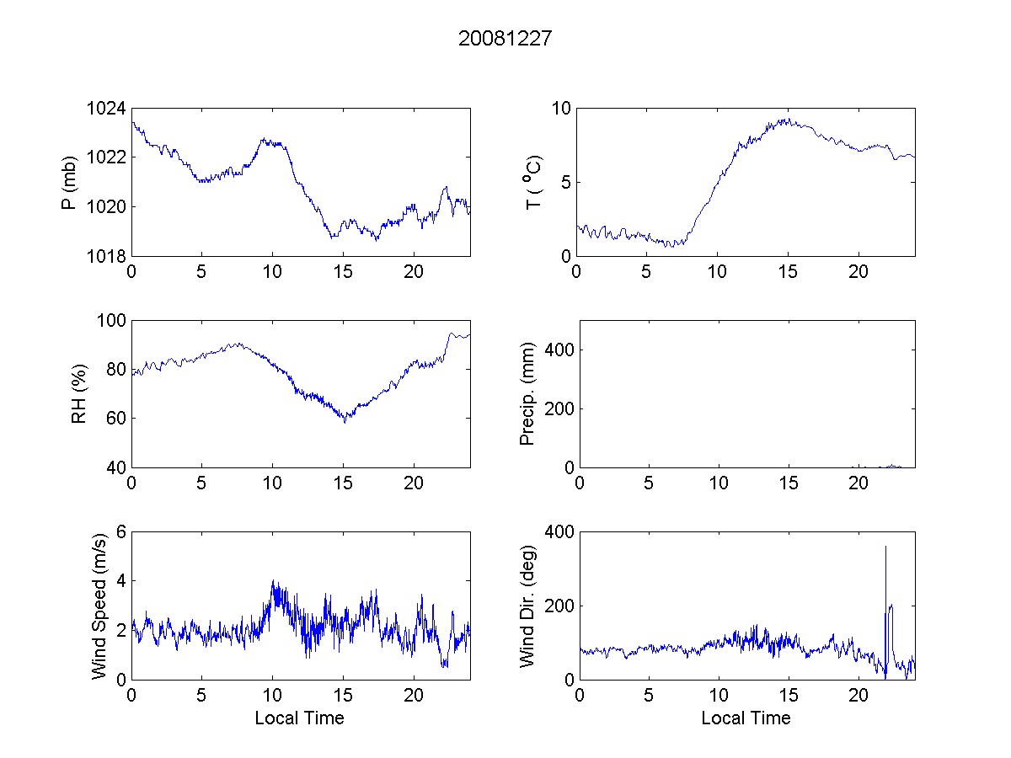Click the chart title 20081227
tap(505, 38)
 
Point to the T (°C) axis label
tap(533, 183)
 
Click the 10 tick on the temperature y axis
tap(561, 109)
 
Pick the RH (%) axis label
tap(79, 393)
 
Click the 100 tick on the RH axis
tap(113, 321)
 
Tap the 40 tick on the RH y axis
tap(116, 467)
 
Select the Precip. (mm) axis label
tap(527, 393)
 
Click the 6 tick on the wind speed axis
tap(120, 531)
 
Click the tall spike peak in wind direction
tap(885, 547)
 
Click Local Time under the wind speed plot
tap(299, 718)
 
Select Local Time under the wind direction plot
tap(746, 718)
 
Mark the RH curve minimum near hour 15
tap(344, 421)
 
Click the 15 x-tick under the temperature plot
tap(788, 272)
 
